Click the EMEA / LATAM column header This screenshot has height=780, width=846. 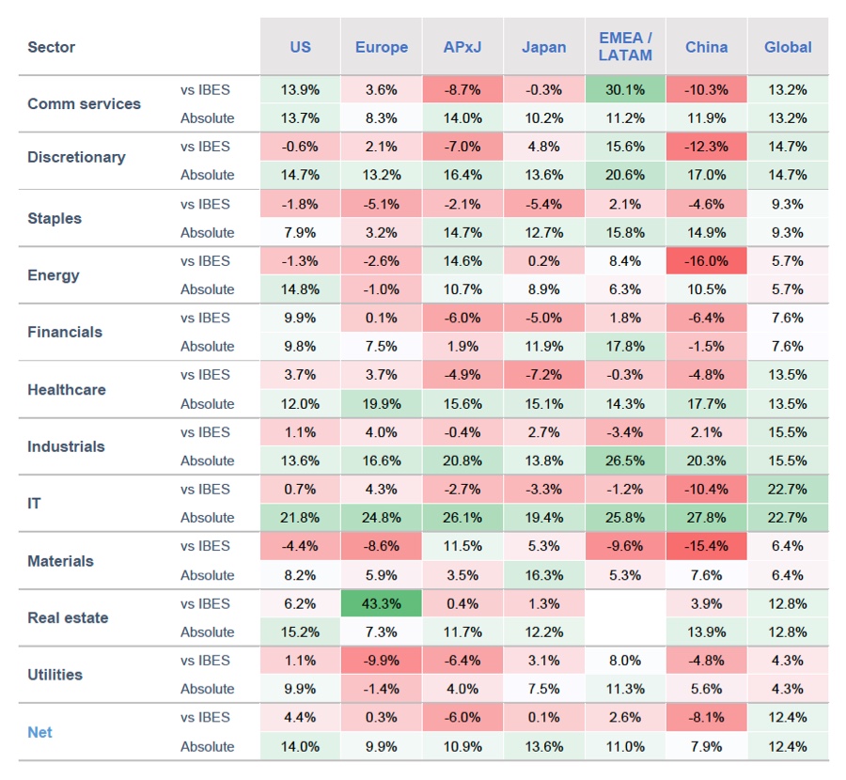pyautogui.click(x=625, y=47)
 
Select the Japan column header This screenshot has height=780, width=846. pyautogui.click(x=543, y=47)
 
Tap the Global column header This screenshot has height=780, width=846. pyautogui.click(x=788, y=47)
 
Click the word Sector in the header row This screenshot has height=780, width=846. pyautogui.click(x=52, y=47)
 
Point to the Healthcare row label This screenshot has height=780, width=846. pyautogui.click(x=67, y=389)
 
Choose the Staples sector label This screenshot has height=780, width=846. pyautogui.click(x=55, y=218)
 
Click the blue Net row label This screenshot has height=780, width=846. pyautogui.click(x=40, y=731)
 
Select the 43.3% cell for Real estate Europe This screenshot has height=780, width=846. pyautogui.click(x=382, y=603)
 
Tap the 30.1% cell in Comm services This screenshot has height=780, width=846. pyautogui.click(x=625, y=89)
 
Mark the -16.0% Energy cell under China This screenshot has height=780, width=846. pyautogui.click(x=706, y=260)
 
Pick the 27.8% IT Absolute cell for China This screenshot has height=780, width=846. pyautogui.click(x=706, y=517)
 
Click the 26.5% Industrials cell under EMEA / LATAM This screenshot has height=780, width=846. pyautogui.click(x=625, y=460)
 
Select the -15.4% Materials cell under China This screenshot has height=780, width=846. pyautogui.click(x=706, y=546)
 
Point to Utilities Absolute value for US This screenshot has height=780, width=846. pyautogui.click(x=300, y=688)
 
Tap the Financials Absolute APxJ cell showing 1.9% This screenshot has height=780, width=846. pyautogui.click(x=462, y=346)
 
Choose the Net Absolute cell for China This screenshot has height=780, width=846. pyautogui.click(x=706, y=746)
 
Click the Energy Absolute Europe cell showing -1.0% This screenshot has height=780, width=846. pyautogui.click(x=382, y=289)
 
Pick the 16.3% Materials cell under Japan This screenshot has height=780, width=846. pyautogui.click(x=543, y=575)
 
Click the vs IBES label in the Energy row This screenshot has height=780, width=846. pyautogui.click(x=205, y=260)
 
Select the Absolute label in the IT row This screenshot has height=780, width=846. pyautogui.click(x=207, y=517)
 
